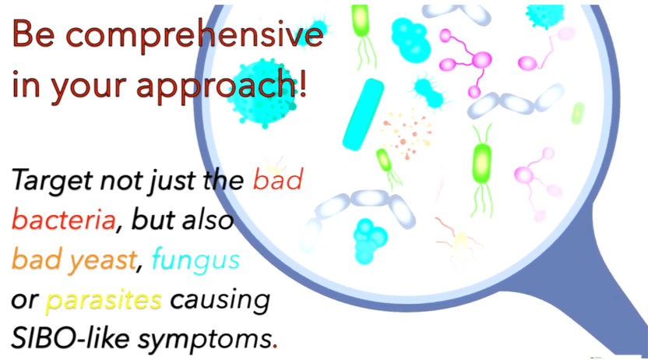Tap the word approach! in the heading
pos(221,85)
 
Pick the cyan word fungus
pos(196,260)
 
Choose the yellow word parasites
pos(104,301)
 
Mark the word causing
pos(220,301)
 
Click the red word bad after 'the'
pos(278,179)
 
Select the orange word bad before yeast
pos(37,259)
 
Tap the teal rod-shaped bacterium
pos(363,114)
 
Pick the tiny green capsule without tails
pos(578,113)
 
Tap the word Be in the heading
pos(34,34)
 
